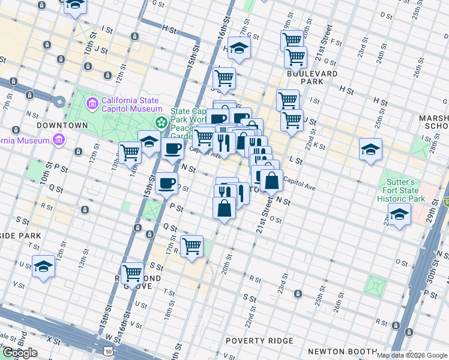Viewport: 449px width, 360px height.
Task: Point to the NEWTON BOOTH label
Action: (x=336, y=351)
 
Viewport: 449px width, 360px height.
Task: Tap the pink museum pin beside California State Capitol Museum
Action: (x=92, y=104)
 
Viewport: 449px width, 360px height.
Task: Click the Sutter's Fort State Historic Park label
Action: (x=402, y=190)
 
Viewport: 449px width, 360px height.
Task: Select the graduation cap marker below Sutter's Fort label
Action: (x=399, y=214)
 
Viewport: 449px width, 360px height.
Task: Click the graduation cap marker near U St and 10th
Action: (x=44, y=266)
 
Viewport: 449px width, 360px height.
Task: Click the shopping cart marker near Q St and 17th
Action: (x=191, y=245)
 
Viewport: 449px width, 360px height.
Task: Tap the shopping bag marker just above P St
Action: (x=224, y=208)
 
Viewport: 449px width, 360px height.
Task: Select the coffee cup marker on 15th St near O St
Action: (x=167, y=182)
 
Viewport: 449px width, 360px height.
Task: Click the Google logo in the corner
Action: (x=19, y=353)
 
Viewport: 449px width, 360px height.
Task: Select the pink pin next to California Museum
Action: (x=58, y=140)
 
